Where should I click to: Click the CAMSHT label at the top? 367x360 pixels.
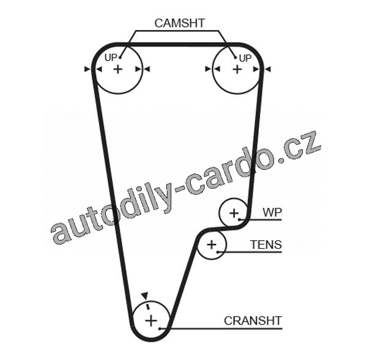pyautogui.click(x=180, y=23)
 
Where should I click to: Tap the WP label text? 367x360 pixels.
pyautogui.click(x=272, y=212)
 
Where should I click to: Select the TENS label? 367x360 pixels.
pyautogui.click(x=266, y=245)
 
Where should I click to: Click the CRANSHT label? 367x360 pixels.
pyautogui.click(x=253, y=320)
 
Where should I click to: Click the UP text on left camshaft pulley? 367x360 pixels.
pyautogui.click(x=111, y=57)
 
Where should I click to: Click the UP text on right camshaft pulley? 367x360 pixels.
pyautogui.click(x=245, y=58)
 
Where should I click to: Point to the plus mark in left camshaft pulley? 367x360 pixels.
pyautogui.click(x=117, y=70)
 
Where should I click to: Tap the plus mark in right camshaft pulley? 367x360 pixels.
pyautogui.click(x=237, y=70)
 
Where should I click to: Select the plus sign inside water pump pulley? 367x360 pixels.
pyautogui.click(x=234, y=213)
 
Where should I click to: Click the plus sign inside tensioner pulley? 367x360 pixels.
pyautogui.click(x=212, y=246)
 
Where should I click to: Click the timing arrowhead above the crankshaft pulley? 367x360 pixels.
pyautogui.click(x=144, y=295)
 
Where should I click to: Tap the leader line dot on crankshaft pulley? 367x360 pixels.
pyautogui.click(x=160, y=329)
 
